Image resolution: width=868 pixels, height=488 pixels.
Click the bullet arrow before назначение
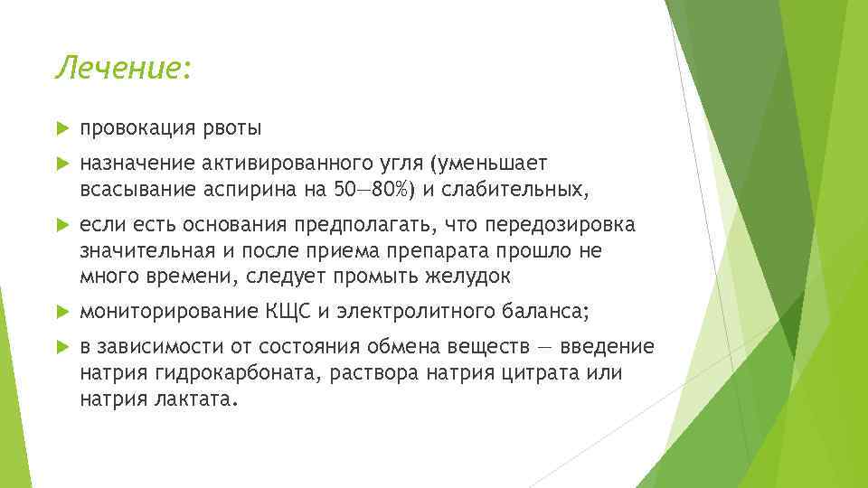pos(62,164)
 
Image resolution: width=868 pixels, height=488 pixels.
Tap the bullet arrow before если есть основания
pos(62,224)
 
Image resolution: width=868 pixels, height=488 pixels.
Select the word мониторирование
pos(168,312)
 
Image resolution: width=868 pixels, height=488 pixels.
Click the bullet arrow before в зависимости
pos(62,348)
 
